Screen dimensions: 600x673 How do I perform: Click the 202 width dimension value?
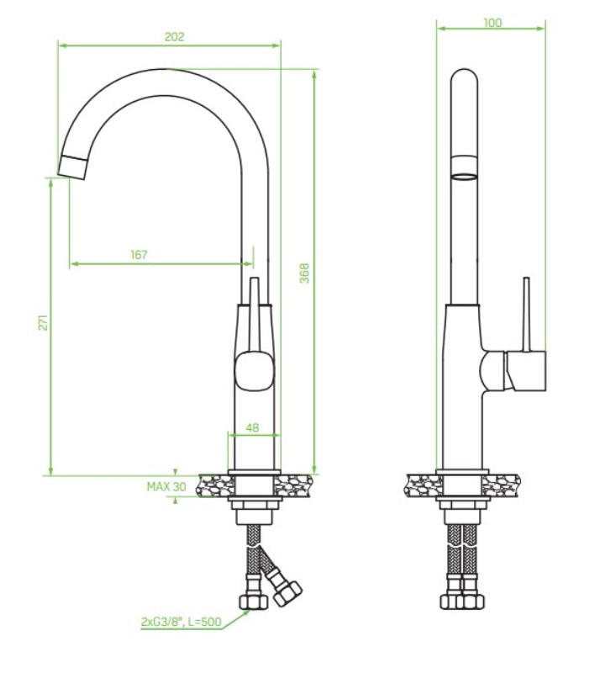(174, 37)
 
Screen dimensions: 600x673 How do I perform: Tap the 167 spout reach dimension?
(139, 255)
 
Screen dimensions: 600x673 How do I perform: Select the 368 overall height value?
(304, 273)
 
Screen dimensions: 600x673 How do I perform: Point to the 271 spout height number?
(44, 322)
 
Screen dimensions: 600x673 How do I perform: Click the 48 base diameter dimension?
(252, 427)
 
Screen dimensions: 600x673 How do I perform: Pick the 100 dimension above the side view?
(492, 23)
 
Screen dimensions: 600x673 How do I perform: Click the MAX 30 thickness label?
(166, 487)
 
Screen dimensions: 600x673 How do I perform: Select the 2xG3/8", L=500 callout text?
(181, 622)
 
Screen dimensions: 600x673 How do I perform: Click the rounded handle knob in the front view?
(255, 370)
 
